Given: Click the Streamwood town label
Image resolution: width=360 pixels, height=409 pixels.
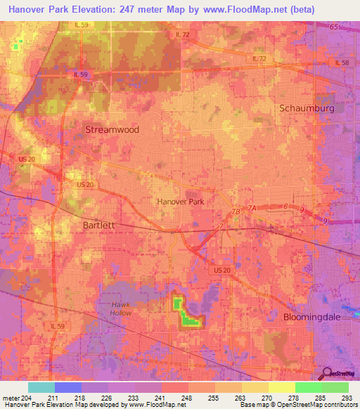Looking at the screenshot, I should [112, 130].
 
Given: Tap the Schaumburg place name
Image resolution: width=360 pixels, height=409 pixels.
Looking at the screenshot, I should [311, 108].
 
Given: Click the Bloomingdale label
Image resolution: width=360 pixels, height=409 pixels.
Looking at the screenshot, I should [315, 317].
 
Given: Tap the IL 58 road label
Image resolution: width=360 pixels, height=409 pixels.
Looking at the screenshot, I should [342, 63].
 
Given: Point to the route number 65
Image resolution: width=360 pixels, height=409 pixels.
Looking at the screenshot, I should [333, 27].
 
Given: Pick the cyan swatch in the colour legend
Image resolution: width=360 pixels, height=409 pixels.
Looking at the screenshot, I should [41, 387].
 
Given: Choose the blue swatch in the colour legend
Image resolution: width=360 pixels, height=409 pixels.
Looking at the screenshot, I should [67, 387].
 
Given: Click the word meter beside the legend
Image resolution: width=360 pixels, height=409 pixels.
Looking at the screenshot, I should [11, 398].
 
